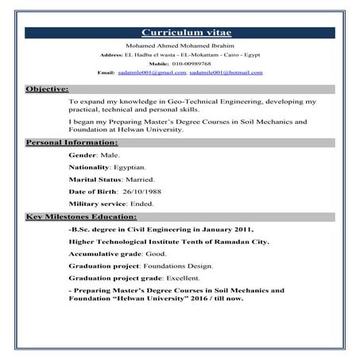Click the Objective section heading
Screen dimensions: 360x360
coord(48,89)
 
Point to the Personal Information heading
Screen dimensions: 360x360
coord(72,142)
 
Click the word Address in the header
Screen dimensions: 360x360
coord(111,55)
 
